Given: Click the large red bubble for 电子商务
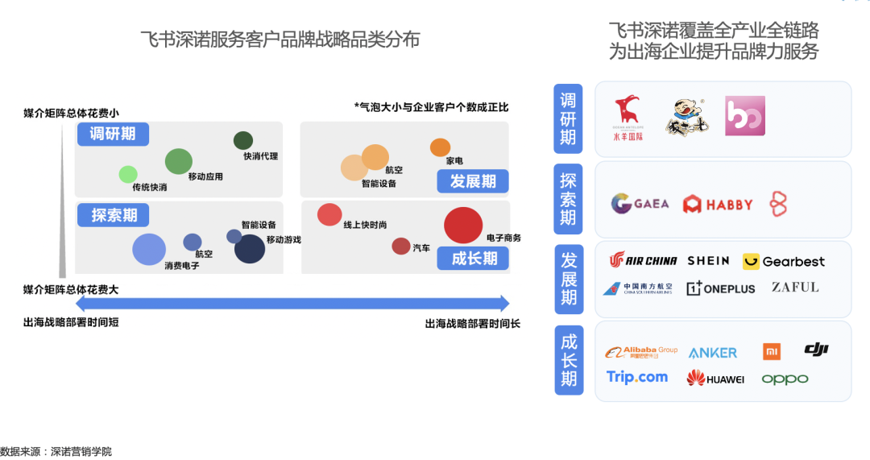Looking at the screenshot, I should (463, 226).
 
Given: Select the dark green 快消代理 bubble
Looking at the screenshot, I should (243, 141).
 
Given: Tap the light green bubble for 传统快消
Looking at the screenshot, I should (128, 174).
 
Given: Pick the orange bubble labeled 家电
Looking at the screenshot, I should (440, 147).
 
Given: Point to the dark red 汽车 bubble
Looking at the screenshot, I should (401, 247).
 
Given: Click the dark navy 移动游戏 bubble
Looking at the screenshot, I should (250, 248).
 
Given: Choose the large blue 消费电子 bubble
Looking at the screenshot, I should (149, 250).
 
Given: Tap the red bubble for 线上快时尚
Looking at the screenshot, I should (329, 214).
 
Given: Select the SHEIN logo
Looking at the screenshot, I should (708, 260).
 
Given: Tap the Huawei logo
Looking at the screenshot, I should (715, 378).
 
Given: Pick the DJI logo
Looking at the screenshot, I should (816, 349).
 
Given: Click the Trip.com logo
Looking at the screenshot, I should (637, 377).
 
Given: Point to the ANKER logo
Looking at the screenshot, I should (713, 353).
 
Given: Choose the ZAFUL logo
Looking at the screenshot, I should (794, 287).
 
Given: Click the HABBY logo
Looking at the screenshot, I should (718, 205).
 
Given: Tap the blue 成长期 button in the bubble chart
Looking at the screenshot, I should (474, 258).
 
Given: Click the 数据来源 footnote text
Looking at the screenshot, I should (56, 451).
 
